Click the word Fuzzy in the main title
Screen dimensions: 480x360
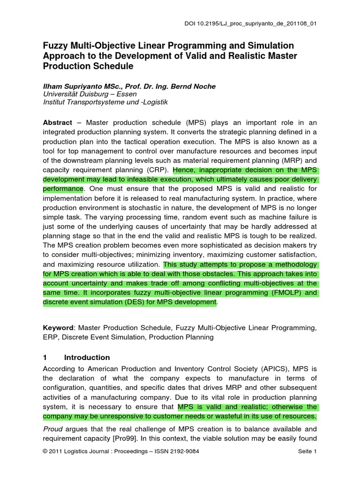point(55,45)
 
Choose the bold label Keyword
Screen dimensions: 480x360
point(58,327)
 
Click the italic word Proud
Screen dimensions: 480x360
point(52,429)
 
